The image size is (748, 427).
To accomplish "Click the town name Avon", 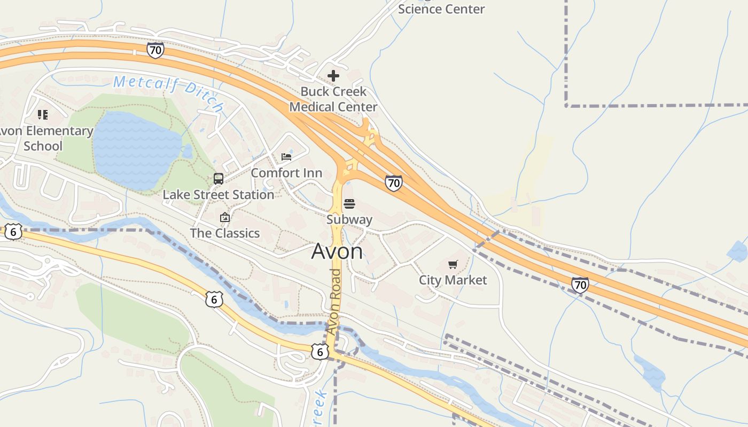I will pyautogui.click(x=337, y=251).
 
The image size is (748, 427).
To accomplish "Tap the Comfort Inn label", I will pyautogui.click(x=286, y=173).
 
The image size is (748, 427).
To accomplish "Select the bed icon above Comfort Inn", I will pyautogui.click(x=286, y=157).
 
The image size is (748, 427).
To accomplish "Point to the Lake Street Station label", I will pyautogui.click(x=219, y=195).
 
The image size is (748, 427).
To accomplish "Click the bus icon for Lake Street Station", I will pyautogui.click(x=219, y=179).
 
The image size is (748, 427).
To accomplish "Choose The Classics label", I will pyautogui.click(x=225, y=233).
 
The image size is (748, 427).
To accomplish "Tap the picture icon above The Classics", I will pyautogui.click(x=225, y=217).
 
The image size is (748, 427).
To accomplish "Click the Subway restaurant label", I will pyautogui.click(x=349, y=219).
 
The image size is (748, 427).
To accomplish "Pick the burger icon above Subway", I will pyautogui.click(x=349, y=203).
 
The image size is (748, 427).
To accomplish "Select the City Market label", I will pyautogui.click(x=453, y=280).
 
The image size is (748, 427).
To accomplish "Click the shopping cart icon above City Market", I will pyautogui.click(x=453, y=264).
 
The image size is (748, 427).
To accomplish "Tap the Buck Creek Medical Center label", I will pyautogui.click(x=333, y=99).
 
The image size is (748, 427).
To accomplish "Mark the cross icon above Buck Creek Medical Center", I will pyautogui.click(x=333, y=76).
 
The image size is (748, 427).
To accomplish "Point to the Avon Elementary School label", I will pyautogui.click(x=45, y=138).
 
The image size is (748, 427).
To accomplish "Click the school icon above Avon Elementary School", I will pyautogui.click(x=43, y=114).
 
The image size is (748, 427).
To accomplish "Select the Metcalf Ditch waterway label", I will pyautogui.click(x=168, y=92).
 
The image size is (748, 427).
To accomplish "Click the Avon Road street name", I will pyautogui.click(x=334, y=302).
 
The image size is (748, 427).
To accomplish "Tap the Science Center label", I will pyautogui.click(x=441, y=9).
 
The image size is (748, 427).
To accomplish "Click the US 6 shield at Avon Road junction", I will pyautogui.click(x=320, y=351).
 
